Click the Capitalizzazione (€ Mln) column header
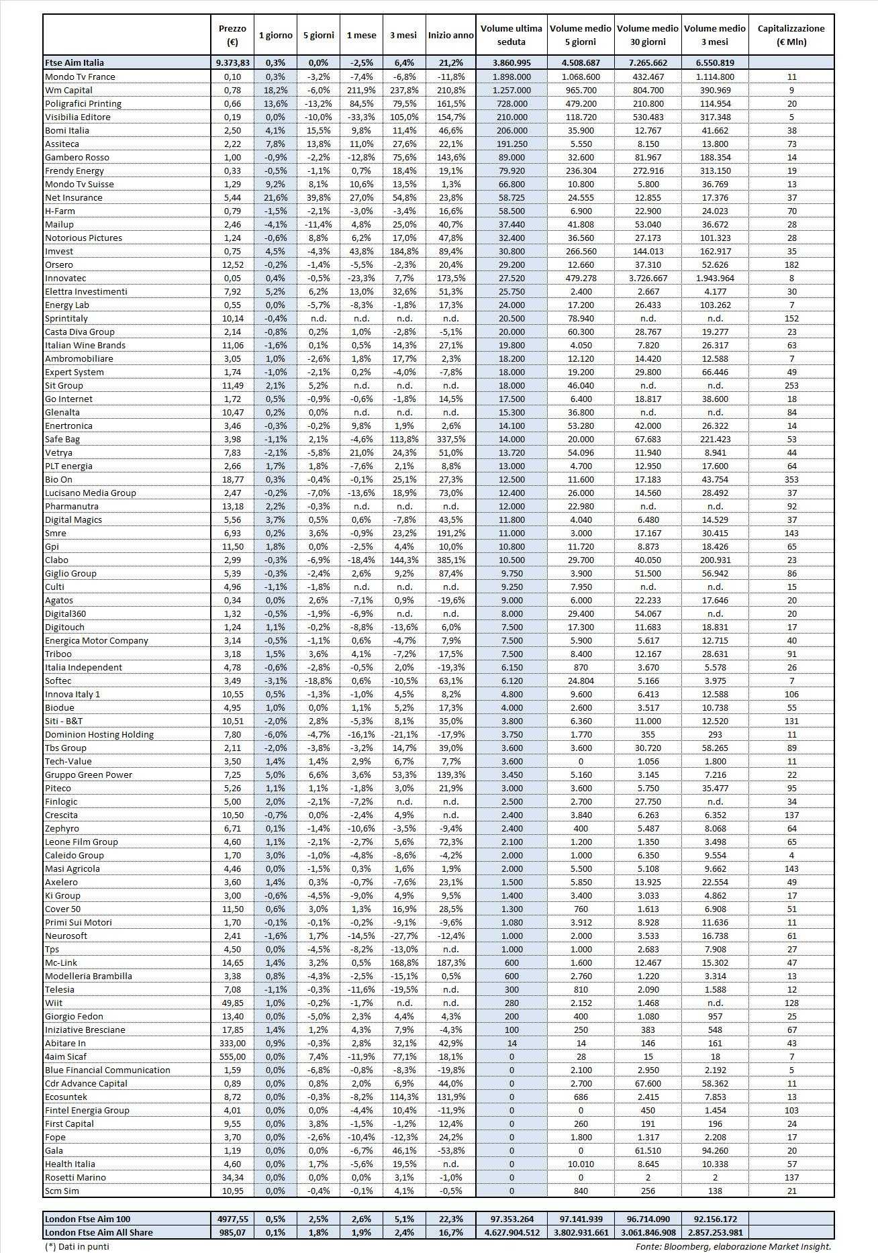791,35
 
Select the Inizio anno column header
450,36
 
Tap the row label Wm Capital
68,90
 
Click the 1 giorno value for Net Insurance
275,197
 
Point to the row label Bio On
58,479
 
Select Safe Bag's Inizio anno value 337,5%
450,439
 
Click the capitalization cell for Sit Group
791,385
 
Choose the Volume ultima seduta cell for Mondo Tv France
511,77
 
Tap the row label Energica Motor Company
97,640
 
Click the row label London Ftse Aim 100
88,1219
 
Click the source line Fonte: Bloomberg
733,1246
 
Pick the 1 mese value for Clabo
361,560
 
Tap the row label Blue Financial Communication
107,1070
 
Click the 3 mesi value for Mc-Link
403,962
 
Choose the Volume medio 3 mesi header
714,35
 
